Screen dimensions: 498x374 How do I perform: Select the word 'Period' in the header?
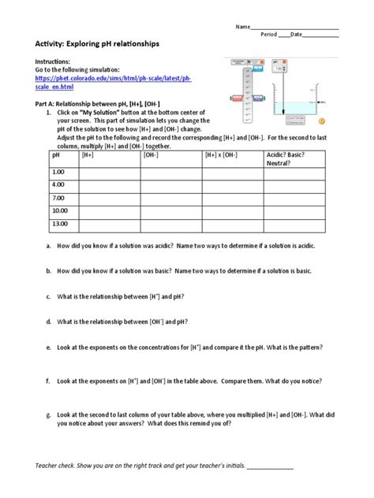(x=269, y=35)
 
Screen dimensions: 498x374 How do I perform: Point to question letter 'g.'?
(x=50, y=414)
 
